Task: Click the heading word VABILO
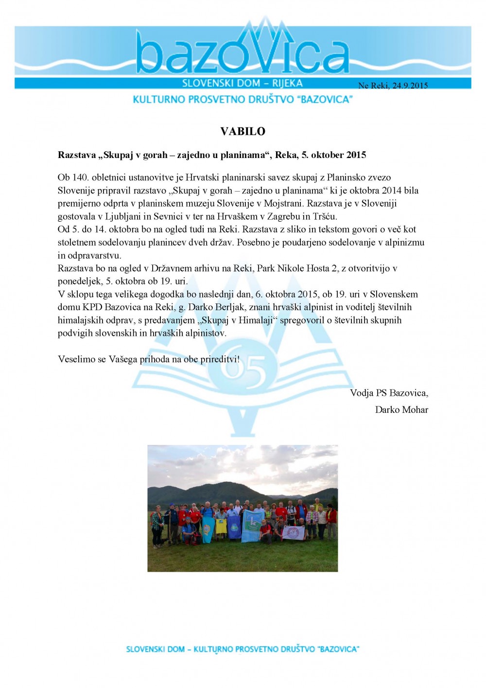click(243, 131)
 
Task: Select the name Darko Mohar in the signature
click(401, 409)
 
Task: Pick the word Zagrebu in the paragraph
click(283, 216)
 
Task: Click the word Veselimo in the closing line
click(76, 359)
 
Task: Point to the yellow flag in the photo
click(221, 526)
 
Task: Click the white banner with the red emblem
click(294, 532)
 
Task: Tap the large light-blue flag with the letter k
click(253, 525)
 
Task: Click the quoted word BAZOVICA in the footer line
click(338, 649)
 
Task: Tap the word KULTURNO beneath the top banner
click(159, 99)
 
